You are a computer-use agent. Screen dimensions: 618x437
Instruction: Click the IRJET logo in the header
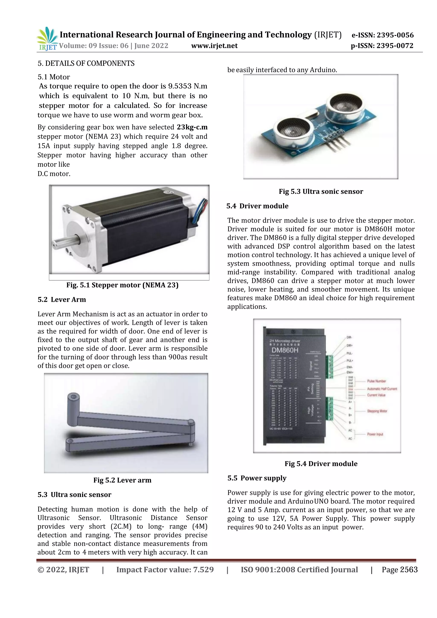click(x=47, y=39)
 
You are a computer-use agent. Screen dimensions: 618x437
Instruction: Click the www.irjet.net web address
click(x=214, y=46)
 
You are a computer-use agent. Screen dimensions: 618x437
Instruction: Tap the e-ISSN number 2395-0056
click(x=395, y=35)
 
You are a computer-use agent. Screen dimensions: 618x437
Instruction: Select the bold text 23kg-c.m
click(x=192, y=127)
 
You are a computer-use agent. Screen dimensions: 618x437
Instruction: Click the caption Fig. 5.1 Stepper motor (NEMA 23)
click(x=122, y=285)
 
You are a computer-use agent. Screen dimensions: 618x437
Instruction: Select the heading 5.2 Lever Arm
click(x=62, y=300)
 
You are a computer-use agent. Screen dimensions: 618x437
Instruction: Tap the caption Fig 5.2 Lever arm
click(x=122, y=480)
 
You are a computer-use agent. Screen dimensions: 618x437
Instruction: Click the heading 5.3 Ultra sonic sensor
click(x=74, y=495)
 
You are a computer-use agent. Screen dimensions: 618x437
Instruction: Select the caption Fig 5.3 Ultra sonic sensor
click(x=321, y=192)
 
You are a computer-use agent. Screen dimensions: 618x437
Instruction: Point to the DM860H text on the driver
click(x=285, y=350)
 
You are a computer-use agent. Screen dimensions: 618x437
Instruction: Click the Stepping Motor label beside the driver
click(x=377, y=411)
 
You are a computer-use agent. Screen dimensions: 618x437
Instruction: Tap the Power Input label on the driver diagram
click(x=375, y=434)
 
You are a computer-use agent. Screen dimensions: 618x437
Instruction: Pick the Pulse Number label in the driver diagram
click(x=376, y=381)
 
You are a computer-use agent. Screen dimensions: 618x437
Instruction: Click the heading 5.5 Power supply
click(x=257, y=478)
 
